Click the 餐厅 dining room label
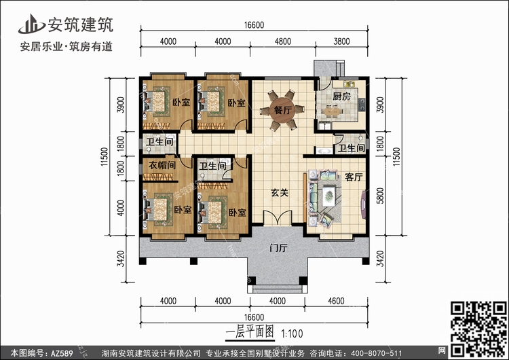[282, 110]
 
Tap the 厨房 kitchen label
[341, 96]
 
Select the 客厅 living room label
[354, 177]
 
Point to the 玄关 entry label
[280, 193]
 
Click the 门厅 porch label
[278, 249]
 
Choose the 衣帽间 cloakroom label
[162, 165]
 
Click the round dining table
[282, 110]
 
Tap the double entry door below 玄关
[278, 217]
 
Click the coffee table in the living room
[329, 195]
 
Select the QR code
[479, 329]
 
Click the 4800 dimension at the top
[283, 41]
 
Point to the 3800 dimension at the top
[341, 41]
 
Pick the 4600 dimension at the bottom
[336, 301]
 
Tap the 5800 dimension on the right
[380, 196]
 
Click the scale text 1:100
[292, 334]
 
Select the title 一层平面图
[250, 332]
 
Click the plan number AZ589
[62, 353]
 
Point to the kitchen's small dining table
[332, 111]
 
